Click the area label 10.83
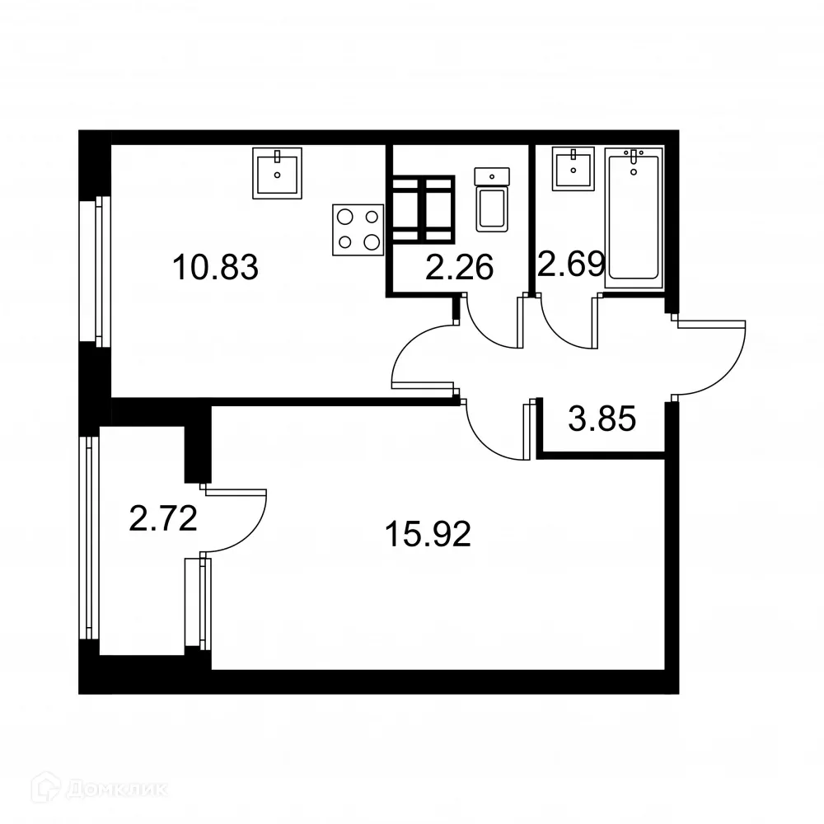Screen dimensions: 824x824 [x=215, y=268]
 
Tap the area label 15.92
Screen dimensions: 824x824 [x=428, y=536]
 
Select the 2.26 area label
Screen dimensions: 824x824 [x=459, y=267]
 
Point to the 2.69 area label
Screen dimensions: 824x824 [x=571, y=264]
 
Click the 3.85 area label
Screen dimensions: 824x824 [x=602, y=420]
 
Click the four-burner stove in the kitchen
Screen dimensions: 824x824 [x=359, y=229]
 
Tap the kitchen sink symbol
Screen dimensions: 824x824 [x=277, y=173]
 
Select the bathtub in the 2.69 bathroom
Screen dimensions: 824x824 [x=633, y=218]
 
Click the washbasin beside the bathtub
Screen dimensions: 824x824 [x=574, y=169]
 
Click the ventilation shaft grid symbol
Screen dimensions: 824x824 [x=423, y=209]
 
